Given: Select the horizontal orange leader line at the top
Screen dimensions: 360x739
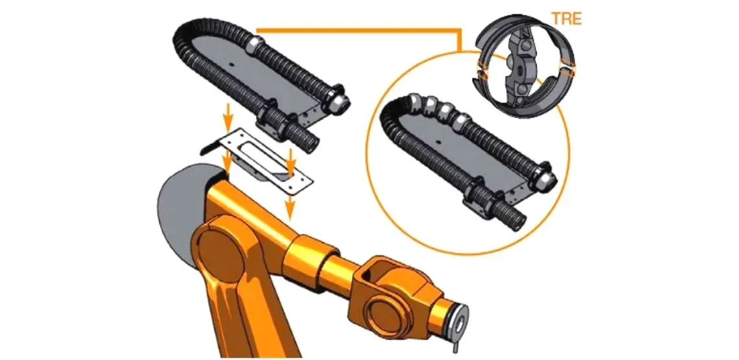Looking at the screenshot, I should (x=357, y=30).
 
